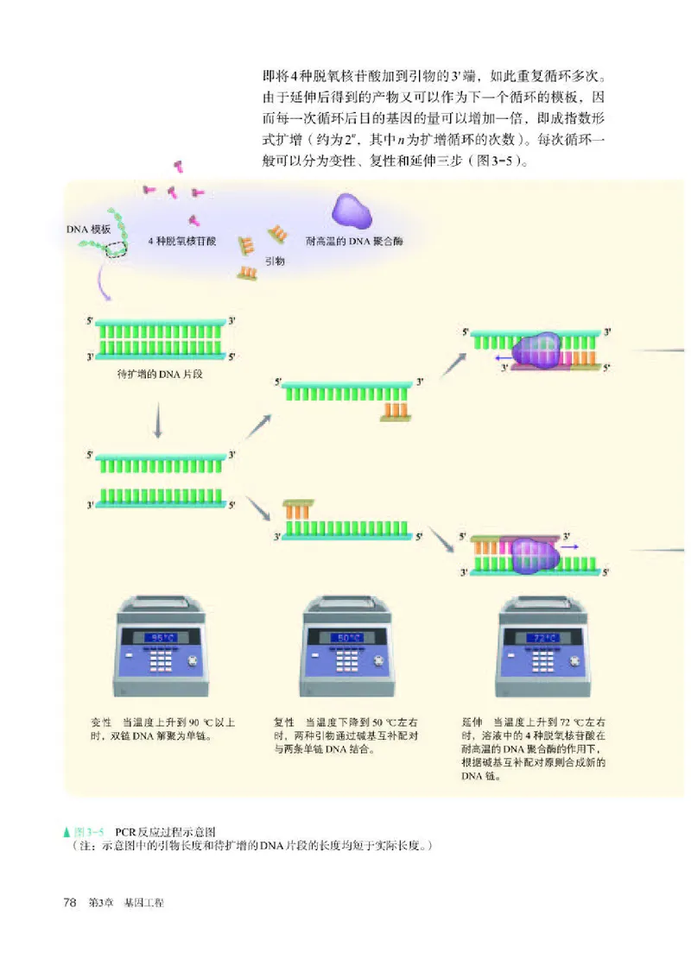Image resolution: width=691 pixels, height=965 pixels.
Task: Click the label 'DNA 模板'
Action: tap(89, 230)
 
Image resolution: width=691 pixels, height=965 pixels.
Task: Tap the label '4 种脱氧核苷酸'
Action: tap(183, 243)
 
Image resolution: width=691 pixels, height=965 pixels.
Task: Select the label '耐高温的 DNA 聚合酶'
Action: tap(349, 243)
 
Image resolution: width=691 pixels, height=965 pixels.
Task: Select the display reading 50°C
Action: tap(348, 638)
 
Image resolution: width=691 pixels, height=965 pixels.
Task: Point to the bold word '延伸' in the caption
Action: tap(472, 722)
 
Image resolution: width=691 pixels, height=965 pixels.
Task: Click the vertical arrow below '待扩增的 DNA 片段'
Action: tap(158, 422)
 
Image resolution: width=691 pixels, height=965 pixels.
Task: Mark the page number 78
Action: tap(72, 902)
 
